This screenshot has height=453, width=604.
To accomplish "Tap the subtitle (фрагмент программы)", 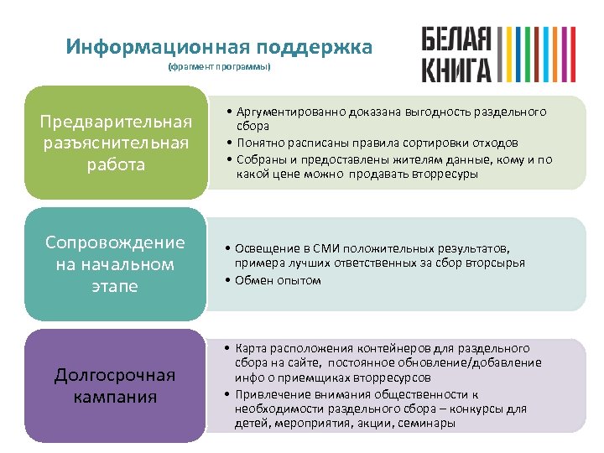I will tap(219, 66).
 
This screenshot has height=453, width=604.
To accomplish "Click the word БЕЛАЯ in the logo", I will tap(456, 39).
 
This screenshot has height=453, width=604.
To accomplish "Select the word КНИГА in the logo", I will tap(456, 69).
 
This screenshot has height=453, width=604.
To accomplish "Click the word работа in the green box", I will tap(116, 164).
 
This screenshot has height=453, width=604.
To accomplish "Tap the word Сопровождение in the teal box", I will tap(116, 243).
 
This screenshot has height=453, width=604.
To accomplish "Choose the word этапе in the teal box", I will tap(116, 286).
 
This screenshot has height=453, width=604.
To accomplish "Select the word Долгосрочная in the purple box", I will tap(116, 375).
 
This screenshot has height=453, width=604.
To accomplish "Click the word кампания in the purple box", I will tap(116, 396).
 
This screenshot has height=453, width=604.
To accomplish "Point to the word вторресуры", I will tap(445, 174).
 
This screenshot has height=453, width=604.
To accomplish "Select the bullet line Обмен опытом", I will tap(278, 280).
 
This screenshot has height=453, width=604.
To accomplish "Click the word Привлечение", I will tap(269, 393).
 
